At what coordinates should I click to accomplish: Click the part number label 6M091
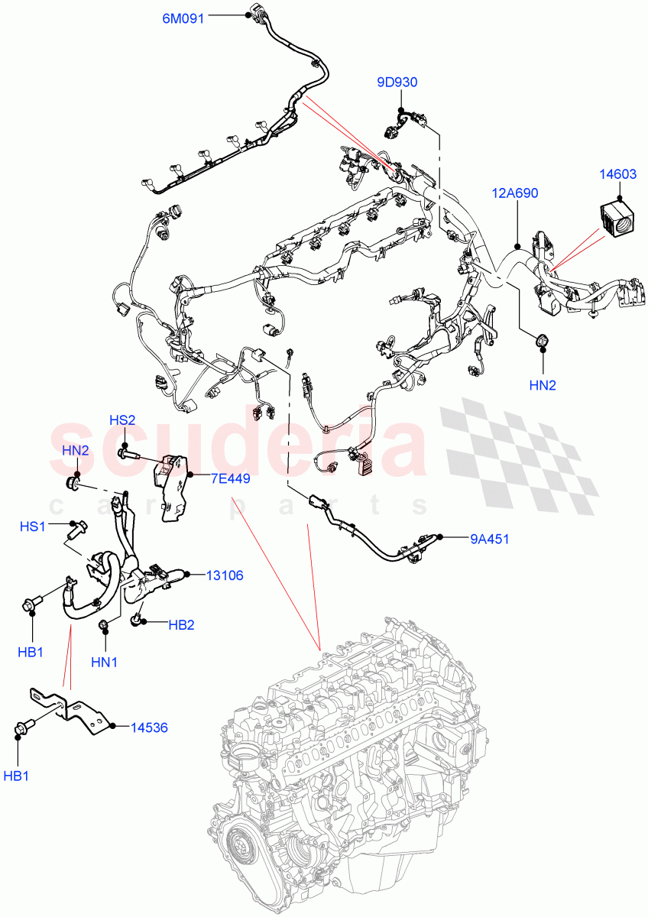[x=183, y=19]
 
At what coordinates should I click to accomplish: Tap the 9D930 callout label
[x=397, y=83]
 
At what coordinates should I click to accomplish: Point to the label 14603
[x=617, y=174]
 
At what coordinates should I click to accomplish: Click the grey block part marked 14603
[x=617, y=219]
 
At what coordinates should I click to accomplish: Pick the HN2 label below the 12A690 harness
[x=543, y=385]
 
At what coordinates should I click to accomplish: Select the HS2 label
[x=122, y=420]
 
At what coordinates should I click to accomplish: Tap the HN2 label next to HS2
[x=76, y=450]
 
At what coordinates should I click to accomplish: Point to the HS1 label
[x=33, y=527]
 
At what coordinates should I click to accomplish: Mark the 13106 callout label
[x=224, y=575]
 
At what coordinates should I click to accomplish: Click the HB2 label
[x=181, y=624]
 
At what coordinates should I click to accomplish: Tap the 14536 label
[x=148, y=727]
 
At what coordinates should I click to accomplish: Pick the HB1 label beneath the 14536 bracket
[x=16, y=776]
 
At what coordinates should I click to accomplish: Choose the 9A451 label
[x=490, y=539]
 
